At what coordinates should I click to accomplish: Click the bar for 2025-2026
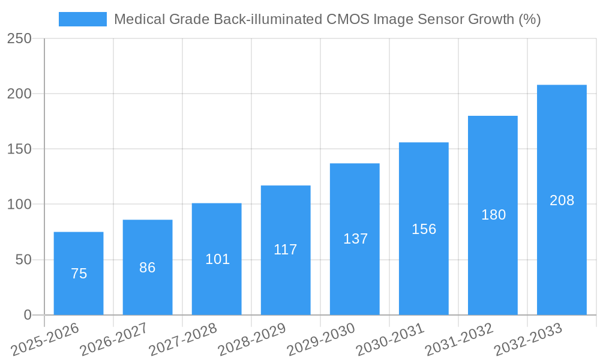(x=79, y=273)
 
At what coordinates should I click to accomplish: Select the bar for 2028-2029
(x=286, y=250)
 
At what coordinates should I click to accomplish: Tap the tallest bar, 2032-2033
(x=562, y=200)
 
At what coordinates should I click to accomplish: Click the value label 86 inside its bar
(x=148, y=268)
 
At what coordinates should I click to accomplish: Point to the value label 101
(x=217, y=259)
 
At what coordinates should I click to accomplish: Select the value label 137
(x=355, y=239)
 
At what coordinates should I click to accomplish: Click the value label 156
(x=424, y=229)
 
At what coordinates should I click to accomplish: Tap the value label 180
(x=493, y=215)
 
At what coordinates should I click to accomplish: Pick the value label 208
(x=562, y=200)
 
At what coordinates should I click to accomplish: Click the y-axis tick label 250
(x=19, y=38)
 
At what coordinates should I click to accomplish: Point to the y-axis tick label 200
(x=19, y=94)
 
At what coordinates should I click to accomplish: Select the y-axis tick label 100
(x=19, y=205)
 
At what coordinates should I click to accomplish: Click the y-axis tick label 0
(x=27, y=315)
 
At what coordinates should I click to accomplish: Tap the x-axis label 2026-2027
(x=114, y=339)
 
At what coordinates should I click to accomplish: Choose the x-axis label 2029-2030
(x=321, y=339)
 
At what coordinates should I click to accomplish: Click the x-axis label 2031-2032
(x=459, y=339)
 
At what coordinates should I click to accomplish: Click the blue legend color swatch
(x=82, y=19)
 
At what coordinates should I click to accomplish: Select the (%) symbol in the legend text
(x=530, y=19)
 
